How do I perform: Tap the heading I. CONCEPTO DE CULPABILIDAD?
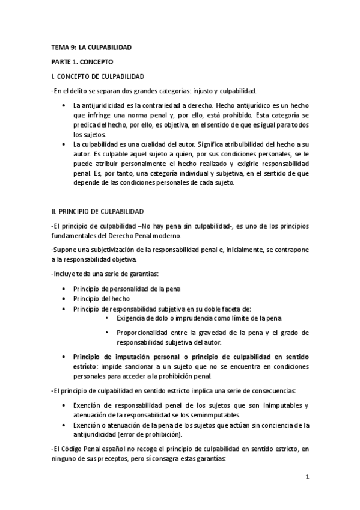(x=97, y=76)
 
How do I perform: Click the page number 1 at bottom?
(x=307, y=478)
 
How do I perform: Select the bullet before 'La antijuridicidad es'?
(x=64, y=106)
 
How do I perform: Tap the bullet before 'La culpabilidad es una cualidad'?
(x=64, y=144)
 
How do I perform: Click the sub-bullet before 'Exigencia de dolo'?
(x=107, y=318)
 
